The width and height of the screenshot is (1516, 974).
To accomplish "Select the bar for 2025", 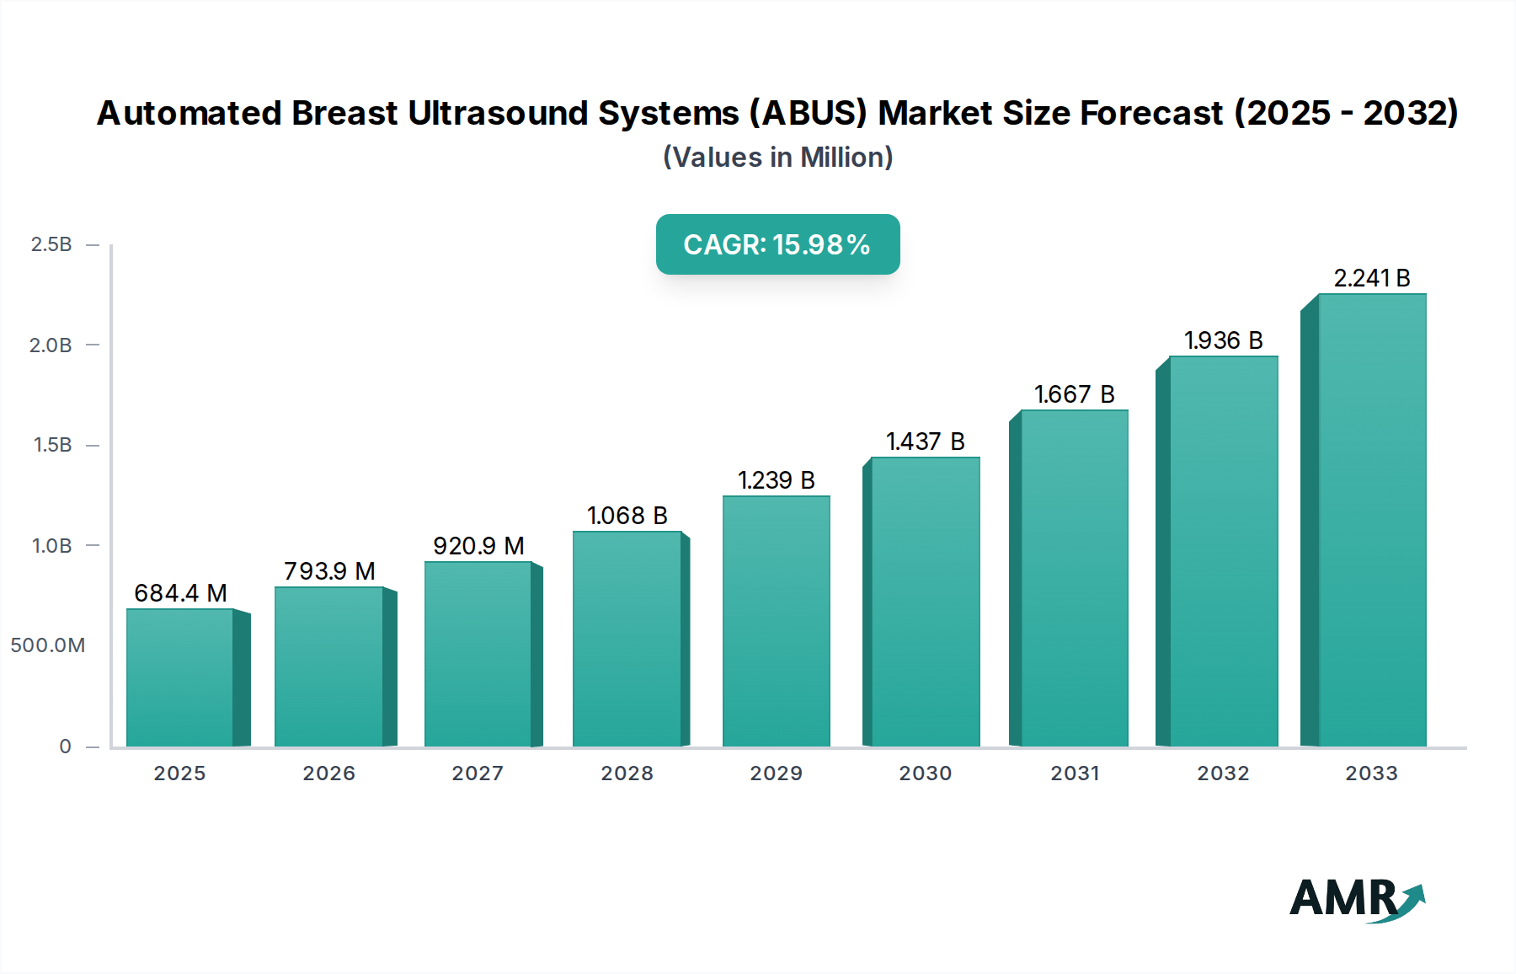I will (x=180, y=677).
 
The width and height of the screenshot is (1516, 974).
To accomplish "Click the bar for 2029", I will (x=776, y=621).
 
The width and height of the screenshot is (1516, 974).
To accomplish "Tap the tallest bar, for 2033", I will (x=1371, y=520).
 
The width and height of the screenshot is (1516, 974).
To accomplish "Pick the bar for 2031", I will (x=1074, y=578).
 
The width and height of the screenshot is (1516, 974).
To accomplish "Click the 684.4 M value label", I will (x=180, y=593).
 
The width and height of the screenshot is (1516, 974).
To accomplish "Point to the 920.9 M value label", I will (x=478, y=546).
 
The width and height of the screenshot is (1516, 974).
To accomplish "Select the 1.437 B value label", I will (x=925, y=442).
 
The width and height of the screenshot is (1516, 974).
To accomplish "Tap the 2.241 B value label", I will (x=1371, y=278).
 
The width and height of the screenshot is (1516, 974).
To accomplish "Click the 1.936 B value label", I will (x=1223, y=340).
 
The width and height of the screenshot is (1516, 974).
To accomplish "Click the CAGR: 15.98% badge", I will (x=777, y=244).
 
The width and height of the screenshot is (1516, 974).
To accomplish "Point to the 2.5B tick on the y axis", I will (x=51, y=244).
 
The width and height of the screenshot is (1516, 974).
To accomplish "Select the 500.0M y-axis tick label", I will (x=48, y=645).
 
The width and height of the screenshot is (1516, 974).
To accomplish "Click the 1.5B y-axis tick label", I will (x=52, y=445).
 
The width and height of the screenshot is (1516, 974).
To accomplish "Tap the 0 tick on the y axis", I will (x=65, y=747).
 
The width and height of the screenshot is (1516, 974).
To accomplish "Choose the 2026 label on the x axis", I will (x=328, y=773).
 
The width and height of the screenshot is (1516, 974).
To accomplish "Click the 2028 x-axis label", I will (x=627, y=773).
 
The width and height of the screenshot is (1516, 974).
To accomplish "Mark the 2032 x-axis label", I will (x=1223, y=773).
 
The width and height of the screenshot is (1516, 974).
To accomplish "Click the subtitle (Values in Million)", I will (x=777, y=158).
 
